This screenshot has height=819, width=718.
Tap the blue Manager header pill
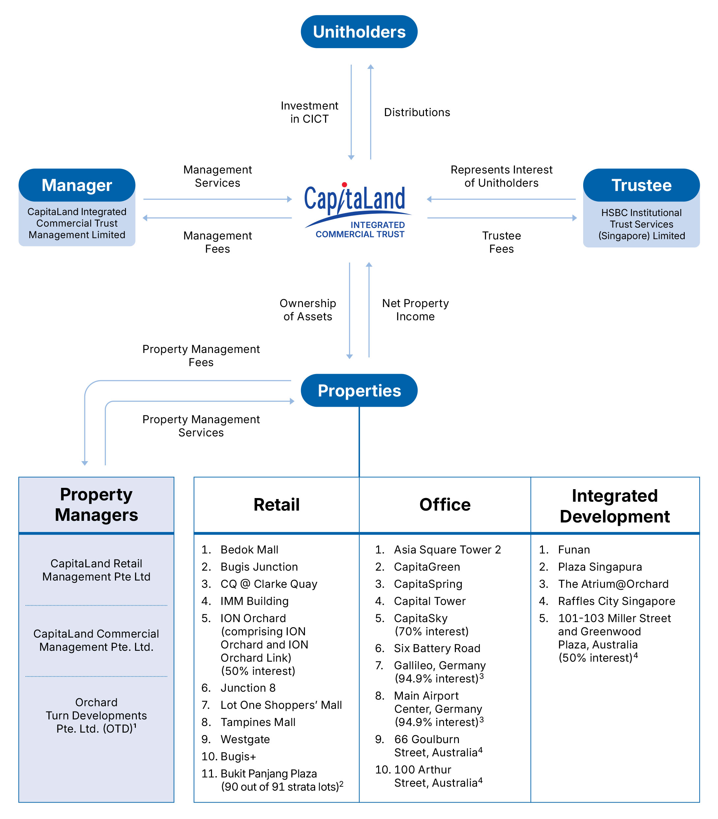pos(76,185)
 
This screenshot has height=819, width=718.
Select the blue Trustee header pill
pos(641,185)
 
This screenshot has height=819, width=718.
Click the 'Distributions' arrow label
pos(417,112)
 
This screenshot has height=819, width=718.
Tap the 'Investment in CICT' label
pos(309,112)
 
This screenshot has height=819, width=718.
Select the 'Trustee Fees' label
pos(501,242)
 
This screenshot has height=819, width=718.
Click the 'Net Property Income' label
pos(415,310)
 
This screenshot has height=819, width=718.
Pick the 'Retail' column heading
pos(276,504)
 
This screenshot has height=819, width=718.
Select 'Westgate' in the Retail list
pos(245,739)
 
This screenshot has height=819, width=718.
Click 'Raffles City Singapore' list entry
pos(616,601)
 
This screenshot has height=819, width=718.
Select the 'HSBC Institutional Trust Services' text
pos(641,218)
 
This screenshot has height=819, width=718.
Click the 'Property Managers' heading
pos(96,504)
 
